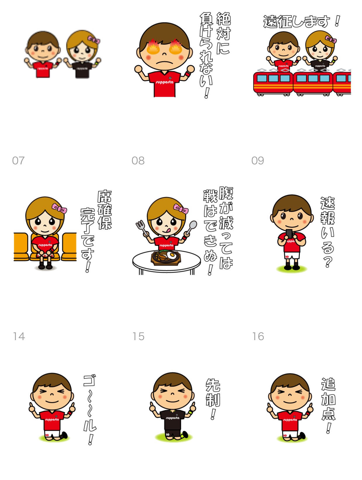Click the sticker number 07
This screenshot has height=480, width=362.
tap(18, 161)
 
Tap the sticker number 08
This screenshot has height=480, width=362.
tap(138, 161)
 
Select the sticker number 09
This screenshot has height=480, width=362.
tap(257, 161)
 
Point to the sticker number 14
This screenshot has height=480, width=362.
tap(19, 336)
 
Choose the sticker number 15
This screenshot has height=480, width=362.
tap(138, 336)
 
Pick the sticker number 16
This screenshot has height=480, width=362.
tap(258, 336)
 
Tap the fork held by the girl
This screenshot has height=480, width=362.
tap(141, 227)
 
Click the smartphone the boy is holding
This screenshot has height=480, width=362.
tap(289, 234)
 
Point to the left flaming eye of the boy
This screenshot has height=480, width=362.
tap(153, 47)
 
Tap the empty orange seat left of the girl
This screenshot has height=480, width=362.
tap(21, 247)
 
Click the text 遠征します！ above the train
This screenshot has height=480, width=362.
tap(301, 21)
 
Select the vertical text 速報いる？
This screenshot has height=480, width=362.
tap(328, 232)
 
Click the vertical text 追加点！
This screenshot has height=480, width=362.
tap(328, 406)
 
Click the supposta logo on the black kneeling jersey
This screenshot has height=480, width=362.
tap(172, 418)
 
